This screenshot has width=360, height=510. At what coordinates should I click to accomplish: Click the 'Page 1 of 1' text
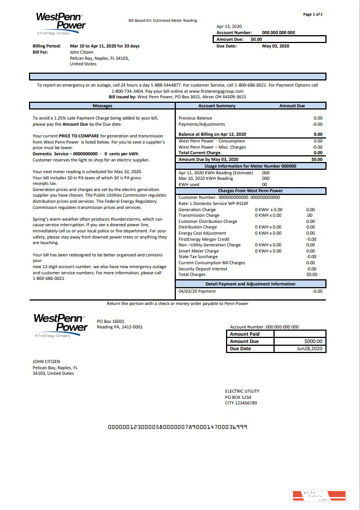tap(313, 14)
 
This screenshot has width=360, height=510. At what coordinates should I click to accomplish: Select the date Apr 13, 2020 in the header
tap(229, 26)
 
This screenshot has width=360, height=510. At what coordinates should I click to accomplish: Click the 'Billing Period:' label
tap(47, 46)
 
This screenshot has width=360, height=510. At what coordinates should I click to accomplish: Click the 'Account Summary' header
tap(217, 106)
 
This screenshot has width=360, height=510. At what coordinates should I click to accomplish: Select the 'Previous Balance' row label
tap(195, 118)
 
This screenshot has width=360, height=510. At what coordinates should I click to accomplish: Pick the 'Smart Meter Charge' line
tap(198, 251)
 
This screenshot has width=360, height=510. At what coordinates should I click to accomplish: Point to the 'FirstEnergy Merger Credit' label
tap(204, 239)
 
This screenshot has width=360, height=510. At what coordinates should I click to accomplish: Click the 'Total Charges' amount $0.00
tap(311, 274)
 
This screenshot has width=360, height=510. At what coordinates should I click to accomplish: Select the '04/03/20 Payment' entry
tap(197, 291)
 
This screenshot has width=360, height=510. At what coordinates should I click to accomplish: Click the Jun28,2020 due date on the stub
tap(310, 349)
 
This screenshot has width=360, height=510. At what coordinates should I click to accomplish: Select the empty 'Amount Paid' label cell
tap(244, 334)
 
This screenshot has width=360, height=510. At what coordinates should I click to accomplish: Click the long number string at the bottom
tap(178, 426)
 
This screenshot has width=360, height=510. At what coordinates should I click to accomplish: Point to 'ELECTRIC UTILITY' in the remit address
tap(242, 391)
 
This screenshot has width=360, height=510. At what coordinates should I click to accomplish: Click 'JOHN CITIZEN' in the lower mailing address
tap(46, 361)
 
